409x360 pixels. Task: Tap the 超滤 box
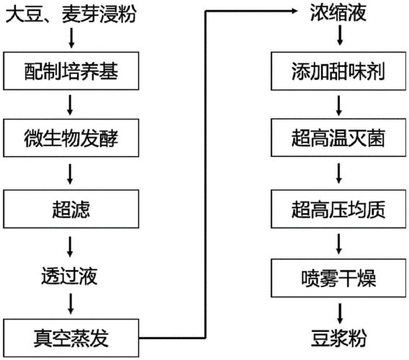coord(70,209)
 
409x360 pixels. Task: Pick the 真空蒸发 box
coord(70,336)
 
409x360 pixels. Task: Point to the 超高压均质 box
coord(338,209)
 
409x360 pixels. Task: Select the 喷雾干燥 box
coord(338,277)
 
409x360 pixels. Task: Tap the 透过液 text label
coord(70,276)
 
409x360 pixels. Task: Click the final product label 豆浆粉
coord(338,336)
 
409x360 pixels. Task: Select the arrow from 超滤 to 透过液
coord(70,243)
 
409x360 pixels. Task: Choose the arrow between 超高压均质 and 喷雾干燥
coord(338,243)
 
